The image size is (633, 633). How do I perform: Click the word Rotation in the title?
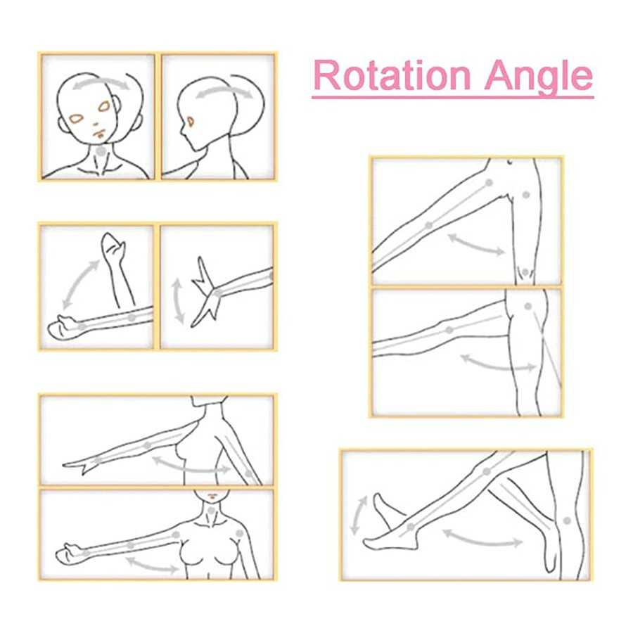click(392, 75)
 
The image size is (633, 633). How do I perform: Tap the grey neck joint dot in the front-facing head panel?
click(101, 151)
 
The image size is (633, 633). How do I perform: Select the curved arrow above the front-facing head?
click(101, 82)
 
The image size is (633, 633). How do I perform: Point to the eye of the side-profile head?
click(190, 122)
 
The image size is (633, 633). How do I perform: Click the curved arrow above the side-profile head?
click(224, 91)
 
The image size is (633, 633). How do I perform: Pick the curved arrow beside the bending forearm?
click(79, 284)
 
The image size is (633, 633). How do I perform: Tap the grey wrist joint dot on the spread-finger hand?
click(218, 293)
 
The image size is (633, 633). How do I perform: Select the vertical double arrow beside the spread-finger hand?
click(178, 301)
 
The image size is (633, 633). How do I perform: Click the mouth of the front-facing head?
click(100, 134)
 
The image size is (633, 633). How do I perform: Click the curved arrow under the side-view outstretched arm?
click(191, 466)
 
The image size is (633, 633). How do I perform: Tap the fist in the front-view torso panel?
click(68, 554)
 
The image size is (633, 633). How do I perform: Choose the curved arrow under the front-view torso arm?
click(153, 565)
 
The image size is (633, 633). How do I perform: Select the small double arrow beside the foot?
click(358, 516)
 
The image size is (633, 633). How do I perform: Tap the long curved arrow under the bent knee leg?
click(482, 539)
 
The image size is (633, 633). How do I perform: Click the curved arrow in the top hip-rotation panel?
click(476, 245)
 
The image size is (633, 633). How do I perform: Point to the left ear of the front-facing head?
click(63, 124)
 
